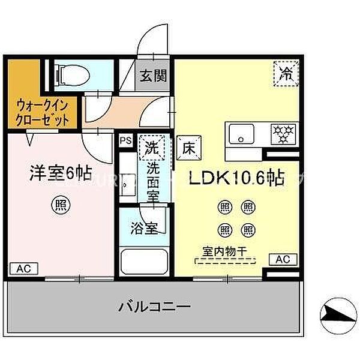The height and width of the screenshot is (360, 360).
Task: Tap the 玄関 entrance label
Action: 153,76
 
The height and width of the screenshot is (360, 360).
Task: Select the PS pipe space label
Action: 125,140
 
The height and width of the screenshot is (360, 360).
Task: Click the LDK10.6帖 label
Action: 236,178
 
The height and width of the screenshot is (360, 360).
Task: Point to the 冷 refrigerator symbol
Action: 286,74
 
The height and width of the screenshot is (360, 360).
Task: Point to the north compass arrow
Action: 337,311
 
